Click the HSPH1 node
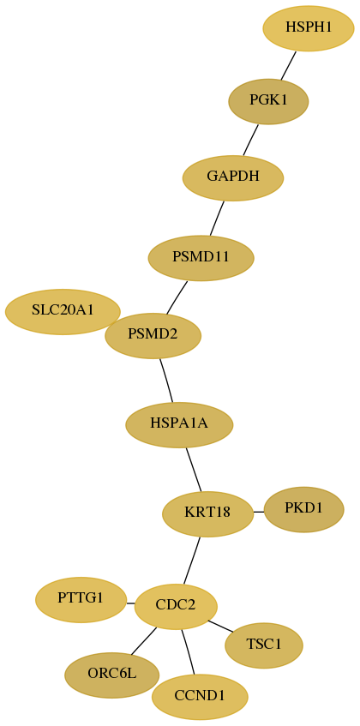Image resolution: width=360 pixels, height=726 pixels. click(x=309, y=28)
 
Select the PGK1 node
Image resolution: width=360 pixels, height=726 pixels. click(x=268, y=101)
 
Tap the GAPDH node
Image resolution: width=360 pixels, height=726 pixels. click(x=233, y=177)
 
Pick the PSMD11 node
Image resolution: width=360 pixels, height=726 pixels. click(x=201, y=258)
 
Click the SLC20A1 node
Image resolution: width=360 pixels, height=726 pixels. click(x=63, y=312)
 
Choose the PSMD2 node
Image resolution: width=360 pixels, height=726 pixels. click(x=153, y=336)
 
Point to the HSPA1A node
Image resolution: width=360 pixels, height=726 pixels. click(x=179, y=424)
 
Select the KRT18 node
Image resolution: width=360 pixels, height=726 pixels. click(x=207, y=514)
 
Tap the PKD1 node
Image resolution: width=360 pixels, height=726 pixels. click(x=303, y=509)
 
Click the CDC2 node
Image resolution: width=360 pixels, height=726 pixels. click(x=176, y=607)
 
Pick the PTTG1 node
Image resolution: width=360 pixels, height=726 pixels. click(x=81, y=600)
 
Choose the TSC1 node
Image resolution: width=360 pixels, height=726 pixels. click(x=264, y=645)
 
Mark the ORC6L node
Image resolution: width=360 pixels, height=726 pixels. click(x=112, y=675)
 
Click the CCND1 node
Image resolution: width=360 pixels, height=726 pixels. click(x=200, y=697)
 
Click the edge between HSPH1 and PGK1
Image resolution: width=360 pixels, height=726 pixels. click(x=288, y=65)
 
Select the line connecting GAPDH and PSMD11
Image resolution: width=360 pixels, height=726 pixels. click(x=217, y=218)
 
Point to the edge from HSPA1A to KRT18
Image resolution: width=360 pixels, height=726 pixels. click(x=194, y=470)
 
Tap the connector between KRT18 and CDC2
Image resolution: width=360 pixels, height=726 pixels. click(x=192, y=561)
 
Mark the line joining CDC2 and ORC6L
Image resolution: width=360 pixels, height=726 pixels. click(x=143, y=642)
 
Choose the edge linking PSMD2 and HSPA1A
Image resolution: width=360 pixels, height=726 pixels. click(x=166, y=381)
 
